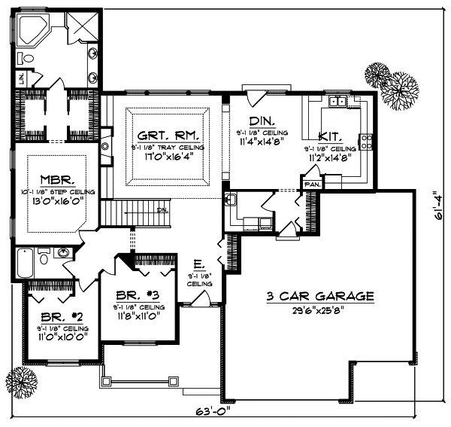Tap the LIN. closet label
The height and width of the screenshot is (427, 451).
pyautogui.click(x=23, y=77)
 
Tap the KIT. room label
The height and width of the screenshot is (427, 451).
pyautogui.click(x=331, y=136)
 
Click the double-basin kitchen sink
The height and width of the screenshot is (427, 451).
pyautogui.click(x=337, y=102)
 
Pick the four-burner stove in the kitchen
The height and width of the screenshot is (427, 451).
pyautogui.click(x=366, y=142)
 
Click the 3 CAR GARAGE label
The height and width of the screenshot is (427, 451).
pyautogui.click(x=320, y=297)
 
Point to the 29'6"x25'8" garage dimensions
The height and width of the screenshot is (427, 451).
pyautogui.click(x=320, y=311)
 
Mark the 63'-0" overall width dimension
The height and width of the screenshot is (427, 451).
pyautogui.click(x=216, y=413)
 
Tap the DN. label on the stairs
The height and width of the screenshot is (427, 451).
pyautogui.click(x=162, y=209)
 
